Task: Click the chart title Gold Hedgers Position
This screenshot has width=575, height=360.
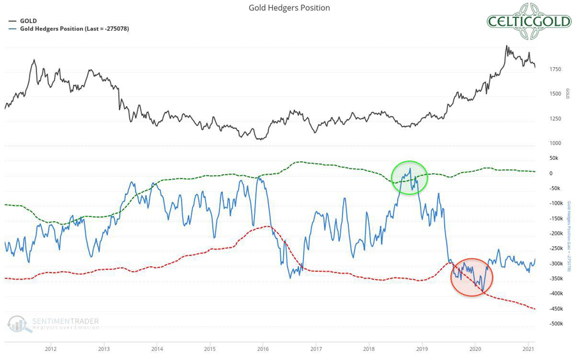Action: pyautogui.click(x=289, y=8)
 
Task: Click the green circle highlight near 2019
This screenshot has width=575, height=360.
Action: pyautogui.click(x=409, y=177)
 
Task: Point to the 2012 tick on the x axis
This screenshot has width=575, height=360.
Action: pyautogui.click(x=51, y=349)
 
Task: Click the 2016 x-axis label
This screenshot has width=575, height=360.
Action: pyautogui.click(x=263, y=349)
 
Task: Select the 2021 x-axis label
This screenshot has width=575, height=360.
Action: pyautogui.click(x=528, y=349)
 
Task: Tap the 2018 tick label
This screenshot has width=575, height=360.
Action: pyautogui.click(x=369, y=349)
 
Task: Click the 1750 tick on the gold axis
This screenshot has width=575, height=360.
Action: pyautogui.click(x=555, y=69)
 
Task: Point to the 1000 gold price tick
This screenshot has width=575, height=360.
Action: pyautogui.click(x=555, y=143)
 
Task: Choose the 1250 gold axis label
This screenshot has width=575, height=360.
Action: pyautogui.click(x=555, y=119)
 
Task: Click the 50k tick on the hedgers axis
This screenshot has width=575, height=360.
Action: pyautogui.click(x=553, y=158)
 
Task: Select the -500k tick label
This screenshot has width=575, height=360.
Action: pyautogui.click(x=553, y=324)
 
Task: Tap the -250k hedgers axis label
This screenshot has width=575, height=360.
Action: pyautogui.click(x=553, y=248)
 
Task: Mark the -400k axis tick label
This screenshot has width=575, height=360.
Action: pyautogui.click(x=553, y=293)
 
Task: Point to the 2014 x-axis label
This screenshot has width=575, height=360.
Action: pyautogui.click(x=157, y=349)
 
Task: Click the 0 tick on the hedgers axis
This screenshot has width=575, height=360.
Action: pyautogui.click(x=551, y=173)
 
